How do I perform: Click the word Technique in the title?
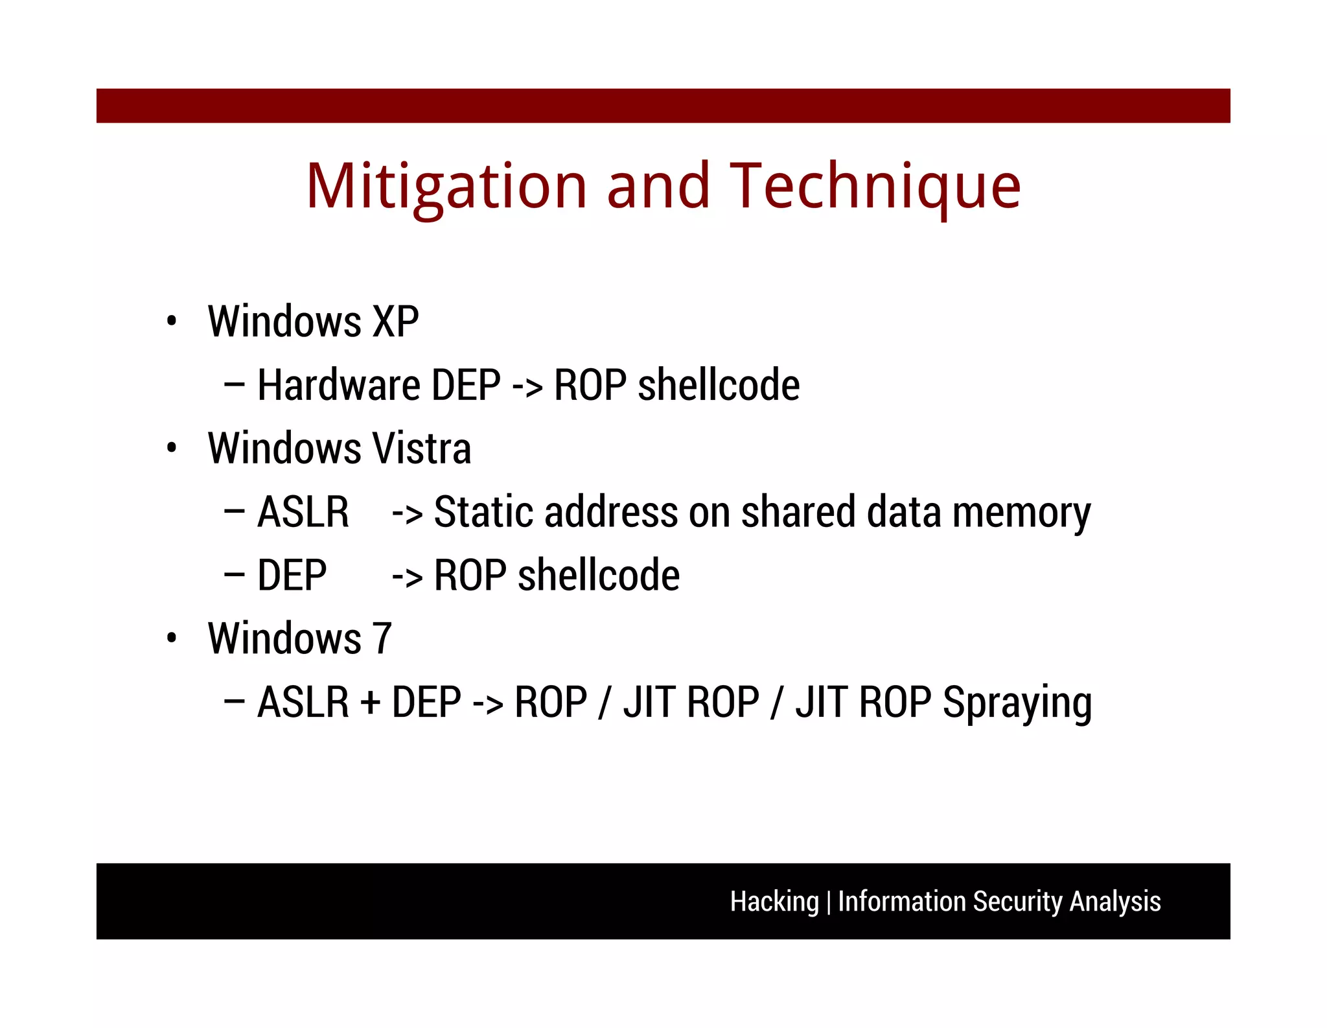point(875,187)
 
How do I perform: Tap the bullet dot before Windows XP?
point(171,321)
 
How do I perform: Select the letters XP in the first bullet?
point(395,321)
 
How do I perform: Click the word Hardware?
point(338,385)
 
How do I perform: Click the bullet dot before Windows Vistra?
point(171,448)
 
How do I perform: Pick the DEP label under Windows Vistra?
point(292,576)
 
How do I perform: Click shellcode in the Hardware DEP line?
point(719,385)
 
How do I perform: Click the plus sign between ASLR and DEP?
point(371,703)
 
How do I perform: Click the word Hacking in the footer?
point(774,902)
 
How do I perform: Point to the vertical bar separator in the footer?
point(829,902)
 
